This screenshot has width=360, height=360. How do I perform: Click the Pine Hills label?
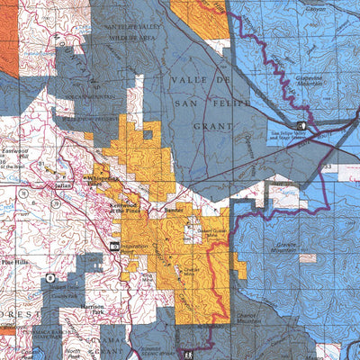pos(17,261)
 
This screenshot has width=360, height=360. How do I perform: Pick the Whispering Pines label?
pos(107,178)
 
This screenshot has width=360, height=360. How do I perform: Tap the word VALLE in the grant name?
pos(186,80)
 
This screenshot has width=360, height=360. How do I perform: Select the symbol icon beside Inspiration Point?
pos(115,245)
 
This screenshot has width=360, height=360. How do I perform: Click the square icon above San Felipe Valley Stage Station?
pos(301,125)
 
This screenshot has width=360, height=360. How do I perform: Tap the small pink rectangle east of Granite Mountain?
pos(309,257)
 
